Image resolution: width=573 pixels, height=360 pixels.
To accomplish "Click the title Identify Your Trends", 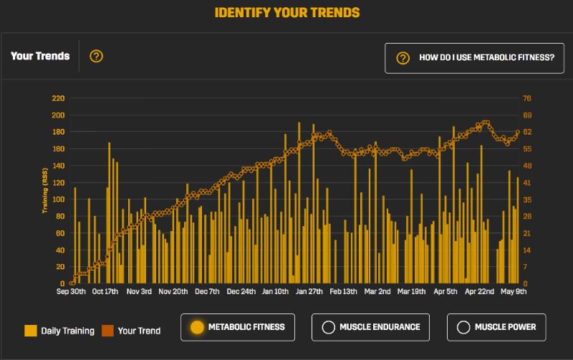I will [x=286, y=13].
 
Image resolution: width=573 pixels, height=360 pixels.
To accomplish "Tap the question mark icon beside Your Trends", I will [x=97, y=56].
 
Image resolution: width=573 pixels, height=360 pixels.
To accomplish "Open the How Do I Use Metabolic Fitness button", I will [x=469, y=58].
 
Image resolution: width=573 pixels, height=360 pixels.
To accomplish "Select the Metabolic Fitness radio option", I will [x=238, y=327].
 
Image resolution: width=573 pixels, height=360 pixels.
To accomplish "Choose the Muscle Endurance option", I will [x=370, y=327].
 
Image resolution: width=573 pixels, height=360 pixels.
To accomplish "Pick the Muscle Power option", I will [x=496, y=327].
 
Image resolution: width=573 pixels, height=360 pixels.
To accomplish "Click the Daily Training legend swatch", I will [x=31, y=331].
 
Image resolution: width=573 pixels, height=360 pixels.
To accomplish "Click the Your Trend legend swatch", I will [x=108, y=331].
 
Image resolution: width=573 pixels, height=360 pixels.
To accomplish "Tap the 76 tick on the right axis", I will [x=527, y=98].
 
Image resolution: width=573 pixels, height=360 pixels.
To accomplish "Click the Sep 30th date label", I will [x=72, y=292].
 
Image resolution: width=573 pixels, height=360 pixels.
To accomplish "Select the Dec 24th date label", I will [x=241, y=292].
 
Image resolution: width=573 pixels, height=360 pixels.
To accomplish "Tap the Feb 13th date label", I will [x=343, y=292].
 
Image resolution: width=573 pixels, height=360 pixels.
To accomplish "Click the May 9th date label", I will [x=514, y=292].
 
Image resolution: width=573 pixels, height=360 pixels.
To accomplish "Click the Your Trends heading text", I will [x=40, y=56].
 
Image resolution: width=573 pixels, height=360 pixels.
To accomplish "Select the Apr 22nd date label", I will [x=479, y=292].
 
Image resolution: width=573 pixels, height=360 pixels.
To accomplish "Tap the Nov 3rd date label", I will [x=139, y=292].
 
